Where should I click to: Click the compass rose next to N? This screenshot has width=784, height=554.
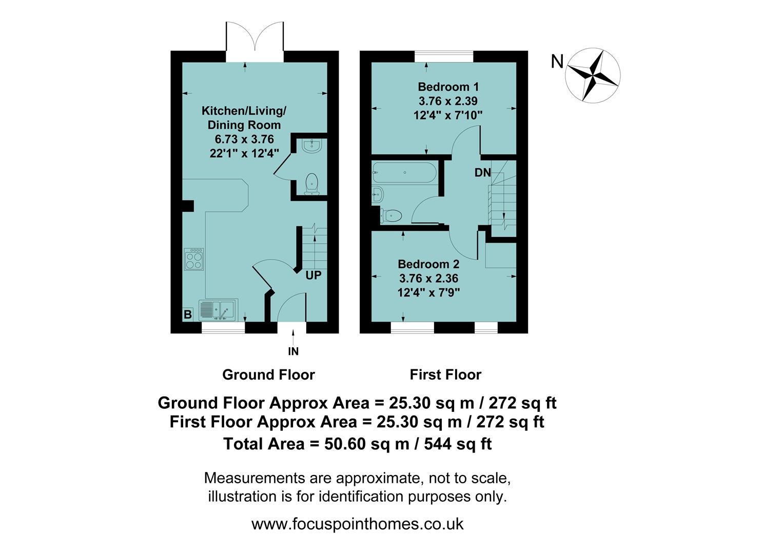pyautogui.click(x=593, y=75)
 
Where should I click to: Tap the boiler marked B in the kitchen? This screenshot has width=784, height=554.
pyautogui.click(x=188, y=314)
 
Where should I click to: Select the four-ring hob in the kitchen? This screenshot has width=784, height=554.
pyautogui.click(x=194, y=259)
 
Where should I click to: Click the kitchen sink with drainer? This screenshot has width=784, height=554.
pyautogui.click(x=218, y=310)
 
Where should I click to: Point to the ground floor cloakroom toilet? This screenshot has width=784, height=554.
pyautogui.click(x=311, y=184)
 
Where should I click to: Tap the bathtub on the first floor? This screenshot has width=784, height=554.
pyautogui.click(x=404, y=172)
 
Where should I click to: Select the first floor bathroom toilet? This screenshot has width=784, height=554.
pyautogui.click(x=391, y=215)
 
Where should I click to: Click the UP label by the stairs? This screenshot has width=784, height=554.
pyautogui.click(x=313, y=275)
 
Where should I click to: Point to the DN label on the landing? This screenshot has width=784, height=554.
pyautogui.click(x=482, y=173)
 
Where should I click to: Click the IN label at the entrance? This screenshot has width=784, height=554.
pyautogui.click(x=293, y=351)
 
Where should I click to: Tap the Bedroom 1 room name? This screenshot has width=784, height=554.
pyautogui.click(x=448, y=87)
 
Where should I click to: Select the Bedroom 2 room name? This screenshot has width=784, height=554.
pyautogui.click(x=428, y=264)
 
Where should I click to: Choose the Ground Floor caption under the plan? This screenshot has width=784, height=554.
pyautogui.click(x=268, y=374)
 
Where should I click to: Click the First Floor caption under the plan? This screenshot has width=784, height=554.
pyautogui.click(x=445, y=374)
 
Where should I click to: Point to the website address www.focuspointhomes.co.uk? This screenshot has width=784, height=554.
pyautogui.click(x=357, y=524)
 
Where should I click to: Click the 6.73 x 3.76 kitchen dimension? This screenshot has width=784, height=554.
pyautogui.click(x=244, y=139)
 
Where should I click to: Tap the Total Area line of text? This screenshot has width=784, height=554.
pyautogui.click(x=357, y=444)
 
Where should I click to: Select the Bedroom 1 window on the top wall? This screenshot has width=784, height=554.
pyautogui.click(x=443, y=56)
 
